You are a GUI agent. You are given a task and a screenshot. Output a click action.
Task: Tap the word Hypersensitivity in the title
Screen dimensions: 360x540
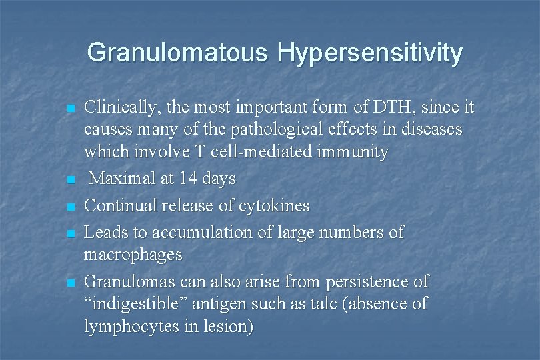click(x=370, y=52)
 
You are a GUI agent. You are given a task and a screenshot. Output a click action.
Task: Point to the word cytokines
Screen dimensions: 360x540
click(x=277, y=205)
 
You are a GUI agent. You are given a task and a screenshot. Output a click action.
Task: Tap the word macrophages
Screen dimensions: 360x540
click(x=133, y=255)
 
